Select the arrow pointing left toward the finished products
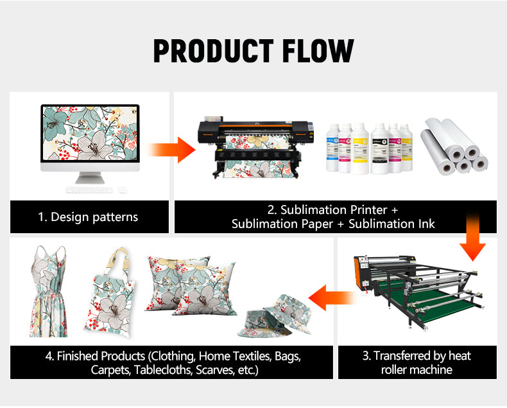pos(332,297)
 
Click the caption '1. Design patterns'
pos(88,217)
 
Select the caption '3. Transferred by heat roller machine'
pos(417,362)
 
